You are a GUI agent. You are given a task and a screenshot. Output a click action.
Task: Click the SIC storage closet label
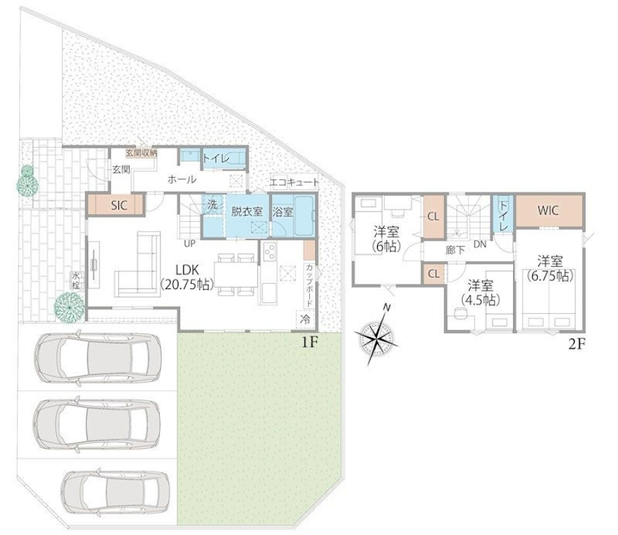pyautogui.click(x=119, y=205)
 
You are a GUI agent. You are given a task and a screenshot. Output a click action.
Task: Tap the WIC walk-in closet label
pyautogui.click(x=548, y=210)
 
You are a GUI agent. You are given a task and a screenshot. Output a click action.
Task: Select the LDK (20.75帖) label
pyautogui.click(x=187, y=277)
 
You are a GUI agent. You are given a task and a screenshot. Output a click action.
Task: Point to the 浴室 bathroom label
pyautogui.click(x=283, y=212)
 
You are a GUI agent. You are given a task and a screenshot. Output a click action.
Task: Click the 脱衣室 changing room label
pyautogui.click(x=247, y=212)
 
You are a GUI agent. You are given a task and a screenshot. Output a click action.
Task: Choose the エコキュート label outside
pyautogui.click(x=295, y=182)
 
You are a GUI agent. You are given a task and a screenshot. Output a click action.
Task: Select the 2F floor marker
pyautogui.click(x=576, y=345)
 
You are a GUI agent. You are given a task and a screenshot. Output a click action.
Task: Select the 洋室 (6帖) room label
pyautogui.click(x=386, y=239)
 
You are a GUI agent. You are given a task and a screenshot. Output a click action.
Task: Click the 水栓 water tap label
pyautogui.click(x=76, y=280)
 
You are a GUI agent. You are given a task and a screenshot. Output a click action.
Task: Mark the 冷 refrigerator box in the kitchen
pyautogui.click(x=306, y=319)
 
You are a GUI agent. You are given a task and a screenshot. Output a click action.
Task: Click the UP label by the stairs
pyautogui.click(x=190, y=244)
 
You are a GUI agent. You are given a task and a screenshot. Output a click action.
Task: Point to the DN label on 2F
pyautogui.click(x=480, y=244)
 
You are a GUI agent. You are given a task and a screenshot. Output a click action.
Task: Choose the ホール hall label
pyautogui.click(x=182, y=180)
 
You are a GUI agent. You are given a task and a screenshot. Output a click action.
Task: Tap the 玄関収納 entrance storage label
pyautogui.click(x=141, y=152)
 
